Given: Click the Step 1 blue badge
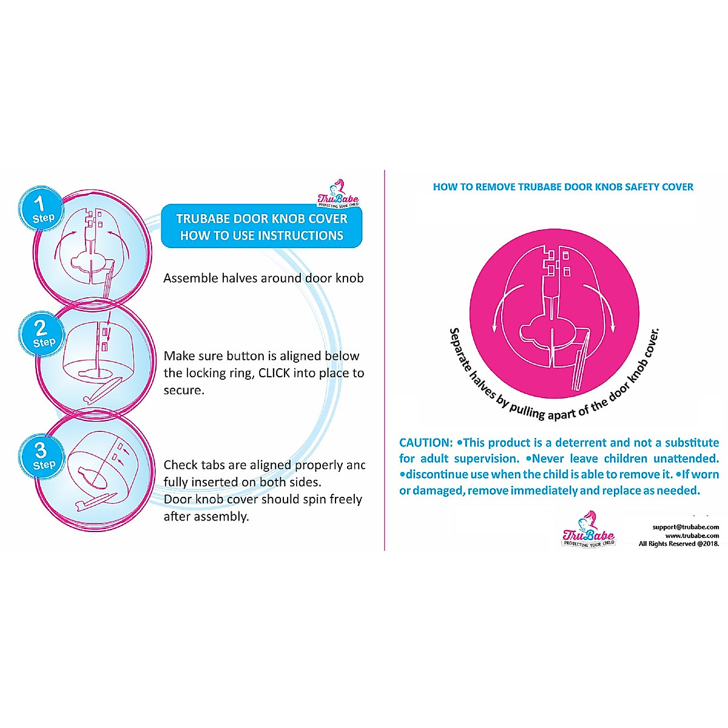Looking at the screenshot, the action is pos(40,209).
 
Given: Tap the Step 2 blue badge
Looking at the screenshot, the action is pos(42,334).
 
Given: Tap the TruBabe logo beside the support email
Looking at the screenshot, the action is pos(588,530).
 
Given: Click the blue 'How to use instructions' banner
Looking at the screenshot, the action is pos(261,227).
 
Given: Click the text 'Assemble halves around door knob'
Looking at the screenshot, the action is pos(263,278).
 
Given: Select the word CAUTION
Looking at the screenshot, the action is pos(425,443).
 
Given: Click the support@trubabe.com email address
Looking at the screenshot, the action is pos(686,527).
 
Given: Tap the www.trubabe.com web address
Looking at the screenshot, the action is pos(692,535).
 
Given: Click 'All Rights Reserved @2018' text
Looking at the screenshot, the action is pos(678,544).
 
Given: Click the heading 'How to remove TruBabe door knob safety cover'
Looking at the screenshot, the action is pos(563,187).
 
